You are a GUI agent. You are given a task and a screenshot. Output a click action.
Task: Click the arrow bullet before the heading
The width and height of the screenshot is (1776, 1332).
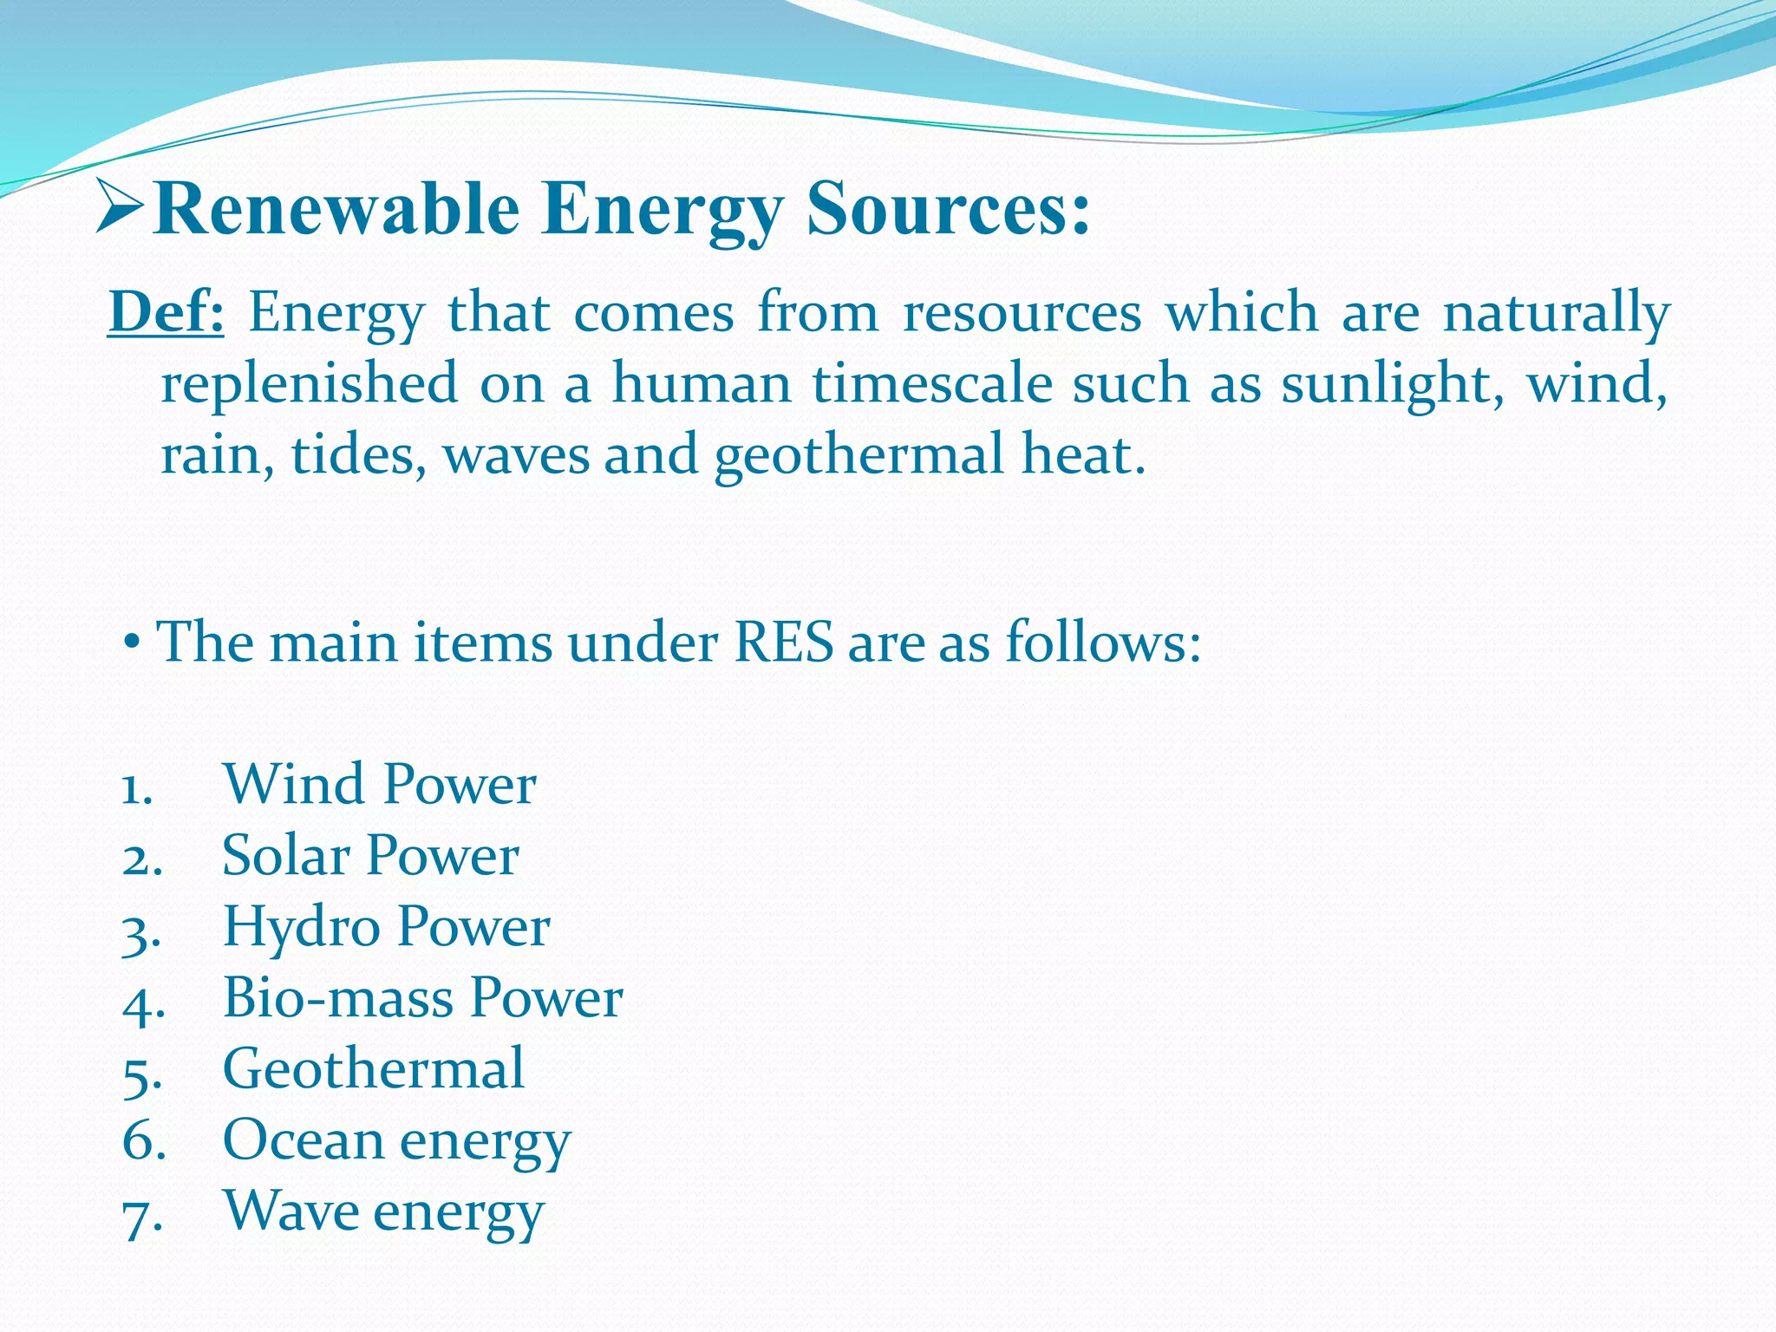[x=120, y=206]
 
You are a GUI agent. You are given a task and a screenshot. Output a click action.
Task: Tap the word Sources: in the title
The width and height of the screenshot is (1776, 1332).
[x=947, y=210]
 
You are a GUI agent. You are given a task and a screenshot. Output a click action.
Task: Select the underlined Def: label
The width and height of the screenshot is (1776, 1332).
[x=166, y=312]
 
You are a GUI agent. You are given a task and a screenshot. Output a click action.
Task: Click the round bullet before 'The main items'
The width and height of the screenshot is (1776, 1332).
[x=132, y=644]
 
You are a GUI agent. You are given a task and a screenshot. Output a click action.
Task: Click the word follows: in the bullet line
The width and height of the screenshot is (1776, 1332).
[x=1103, y=643]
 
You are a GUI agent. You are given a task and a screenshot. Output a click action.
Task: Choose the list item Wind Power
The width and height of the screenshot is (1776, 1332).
[x=379, y=784]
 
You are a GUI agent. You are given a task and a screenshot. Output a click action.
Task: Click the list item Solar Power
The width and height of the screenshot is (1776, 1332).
[x=370, y=855]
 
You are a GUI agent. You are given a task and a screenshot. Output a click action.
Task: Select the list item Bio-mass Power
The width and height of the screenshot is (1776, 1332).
[x=422, y=997]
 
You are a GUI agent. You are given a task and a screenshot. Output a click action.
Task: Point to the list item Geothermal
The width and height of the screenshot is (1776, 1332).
[x=373, y=1068]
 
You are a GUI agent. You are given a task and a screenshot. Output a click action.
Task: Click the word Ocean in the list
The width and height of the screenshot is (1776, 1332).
[x=303, y=1139]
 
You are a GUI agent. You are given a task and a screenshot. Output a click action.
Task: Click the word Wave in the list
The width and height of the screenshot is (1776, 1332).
[x=291, y=1211]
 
